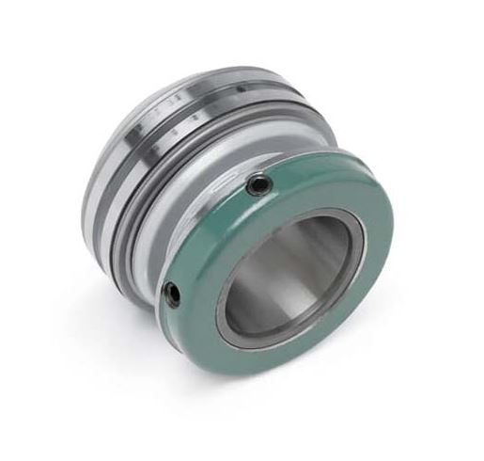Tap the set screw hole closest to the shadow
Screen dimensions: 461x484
coord(173,294)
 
